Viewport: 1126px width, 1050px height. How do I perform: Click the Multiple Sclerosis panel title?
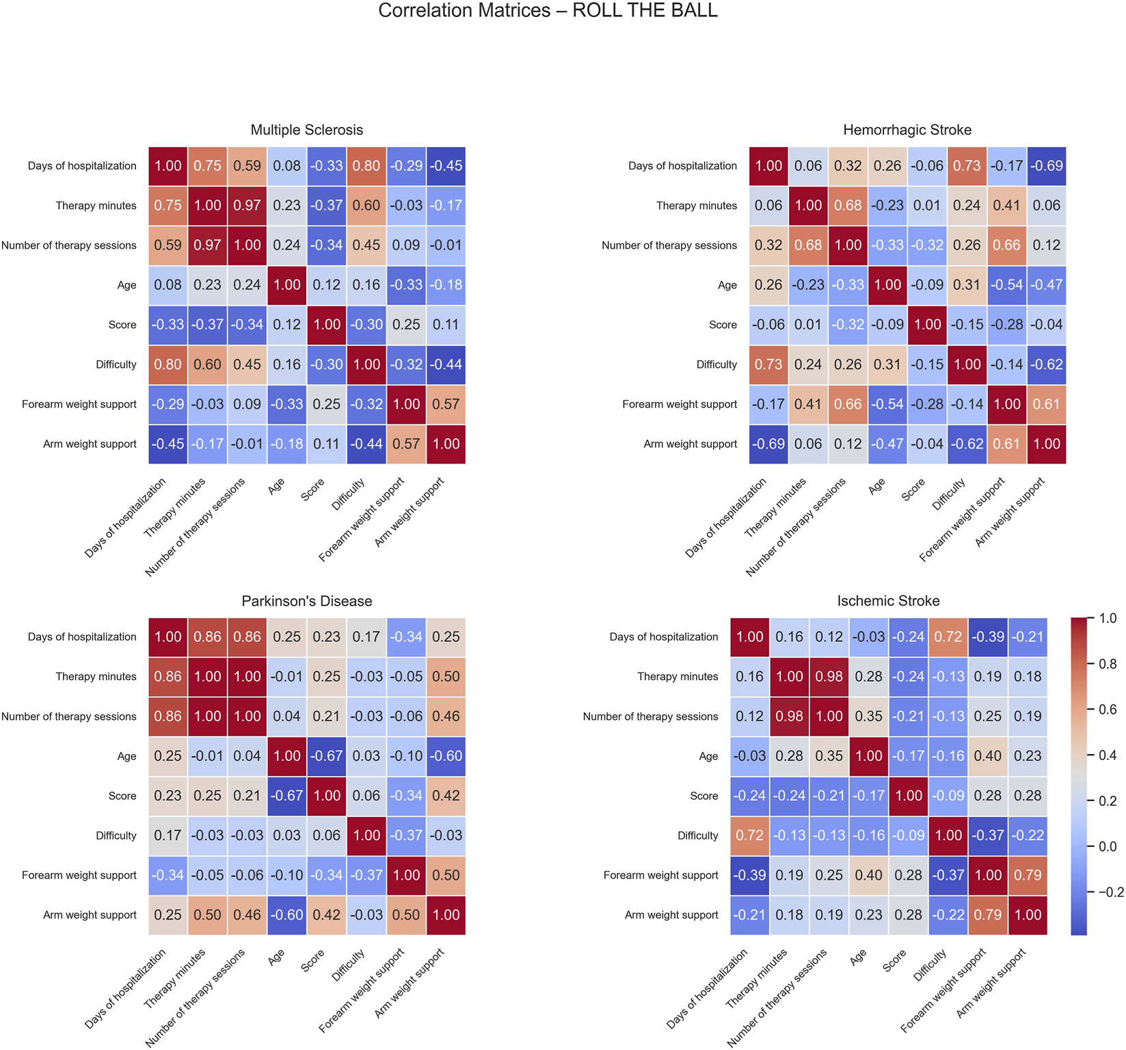tap(306, 130)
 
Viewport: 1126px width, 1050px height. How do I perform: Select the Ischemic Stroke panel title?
tap(888, 601)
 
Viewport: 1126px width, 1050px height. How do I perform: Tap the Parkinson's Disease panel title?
tap(306, 601)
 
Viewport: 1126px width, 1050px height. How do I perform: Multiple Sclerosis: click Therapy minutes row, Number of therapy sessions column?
tap(247, 206)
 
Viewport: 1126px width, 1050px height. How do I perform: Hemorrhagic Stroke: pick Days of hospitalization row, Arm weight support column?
tap(1046, 166)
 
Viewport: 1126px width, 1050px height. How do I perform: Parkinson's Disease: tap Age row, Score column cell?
tap(327, 756)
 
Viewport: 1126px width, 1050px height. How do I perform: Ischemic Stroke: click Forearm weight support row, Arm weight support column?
tap(1027, 875)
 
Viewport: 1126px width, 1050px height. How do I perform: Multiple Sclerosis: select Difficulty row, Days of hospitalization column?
tap(168, 364)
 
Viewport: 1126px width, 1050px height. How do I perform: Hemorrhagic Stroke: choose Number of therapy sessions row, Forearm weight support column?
tap(1006, 245)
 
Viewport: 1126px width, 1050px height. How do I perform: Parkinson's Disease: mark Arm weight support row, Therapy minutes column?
tap(208, 915)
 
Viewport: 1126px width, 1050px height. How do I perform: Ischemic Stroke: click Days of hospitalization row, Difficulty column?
tap(948, 637)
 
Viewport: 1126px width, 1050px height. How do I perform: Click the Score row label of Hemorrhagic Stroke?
tap(723, 325)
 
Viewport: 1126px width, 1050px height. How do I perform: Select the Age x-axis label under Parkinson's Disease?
tap(277, 958)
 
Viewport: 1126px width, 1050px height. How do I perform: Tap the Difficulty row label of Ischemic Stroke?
tap(697, 835)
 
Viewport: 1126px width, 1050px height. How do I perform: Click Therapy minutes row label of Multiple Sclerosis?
tap(96, 206)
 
